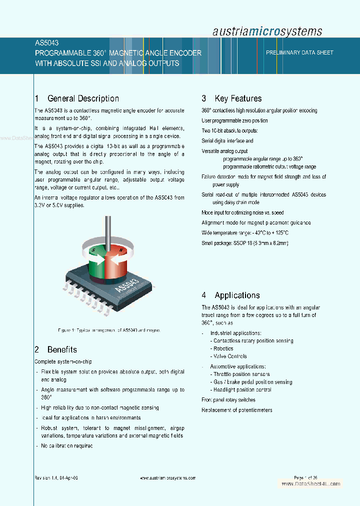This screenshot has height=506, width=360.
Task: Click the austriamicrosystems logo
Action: click(267, 31)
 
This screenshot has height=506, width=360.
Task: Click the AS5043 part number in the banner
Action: click(46, 43)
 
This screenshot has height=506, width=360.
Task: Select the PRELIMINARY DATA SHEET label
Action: click(299, 52)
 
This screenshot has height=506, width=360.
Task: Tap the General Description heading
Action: click(77, 98)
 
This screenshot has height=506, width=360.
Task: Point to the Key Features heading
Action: click(231, 98)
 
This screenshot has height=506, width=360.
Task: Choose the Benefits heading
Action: click(55, 349)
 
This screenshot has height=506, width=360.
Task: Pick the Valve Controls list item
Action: click(228, 356)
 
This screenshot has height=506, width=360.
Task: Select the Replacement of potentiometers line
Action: click(237, 410)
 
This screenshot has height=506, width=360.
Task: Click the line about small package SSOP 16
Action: click(245, 243)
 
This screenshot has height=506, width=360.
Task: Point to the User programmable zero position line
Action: click(234, 120)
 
